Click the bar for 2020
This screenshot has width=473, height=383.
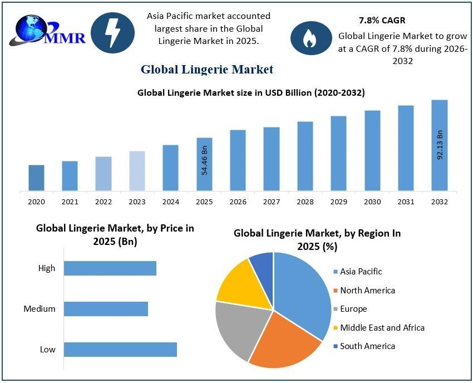pos(36,178)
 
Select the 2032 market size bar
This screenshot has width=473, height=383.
pos(440,146)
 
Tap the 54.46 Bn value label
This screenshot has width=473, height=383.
pos(204,161)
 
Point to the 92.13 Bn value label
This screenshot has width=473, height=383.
pos(440,145)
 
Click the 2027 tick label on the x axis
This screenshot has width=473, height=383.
pos(272,202)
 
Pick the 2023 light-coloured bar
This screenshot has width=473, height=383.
pos(137,171)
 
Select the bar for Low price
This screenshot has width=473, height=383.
pos(120,350)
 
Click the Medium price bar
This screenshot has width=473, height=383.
pos(106,309)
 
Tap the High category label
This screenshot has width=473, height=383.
pos(47,268)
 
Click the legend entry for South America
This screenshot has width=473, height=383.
pos(367,346)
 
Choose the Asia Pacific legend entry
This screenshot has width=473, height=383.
pos(361,272)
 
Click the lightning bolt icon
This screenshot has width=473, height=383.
pos(112,33)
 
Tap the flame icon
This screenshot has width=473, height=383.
pos(309,37)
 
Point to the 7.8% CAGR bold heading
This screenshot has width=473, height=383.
pos(382,21)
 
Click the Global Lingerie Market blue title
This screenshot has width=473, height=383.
pos(207,70)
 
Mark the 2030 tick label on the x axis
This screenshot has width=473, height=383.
pos(372,202)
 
